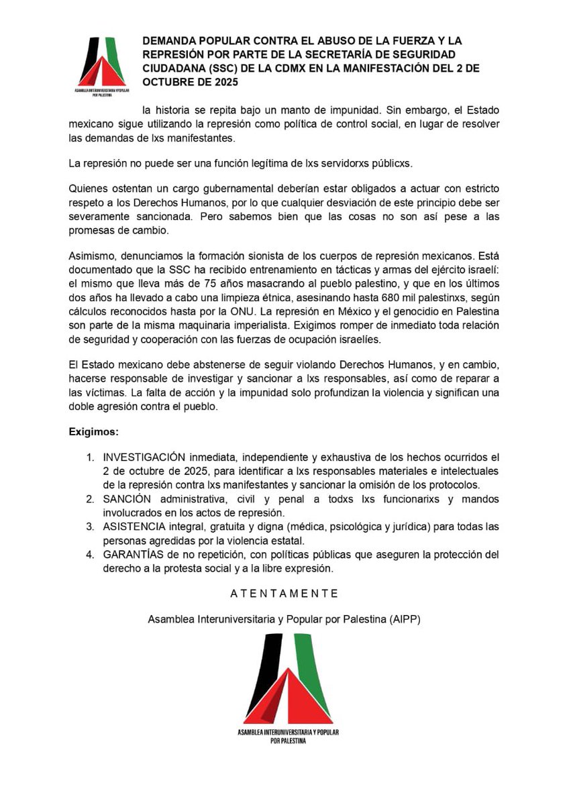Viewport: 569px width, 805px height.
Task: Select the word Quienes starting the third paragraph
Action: [x=88, y=191]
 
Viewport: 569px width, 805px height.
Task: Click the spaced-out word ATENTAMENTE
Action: [x=284, y=594]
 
